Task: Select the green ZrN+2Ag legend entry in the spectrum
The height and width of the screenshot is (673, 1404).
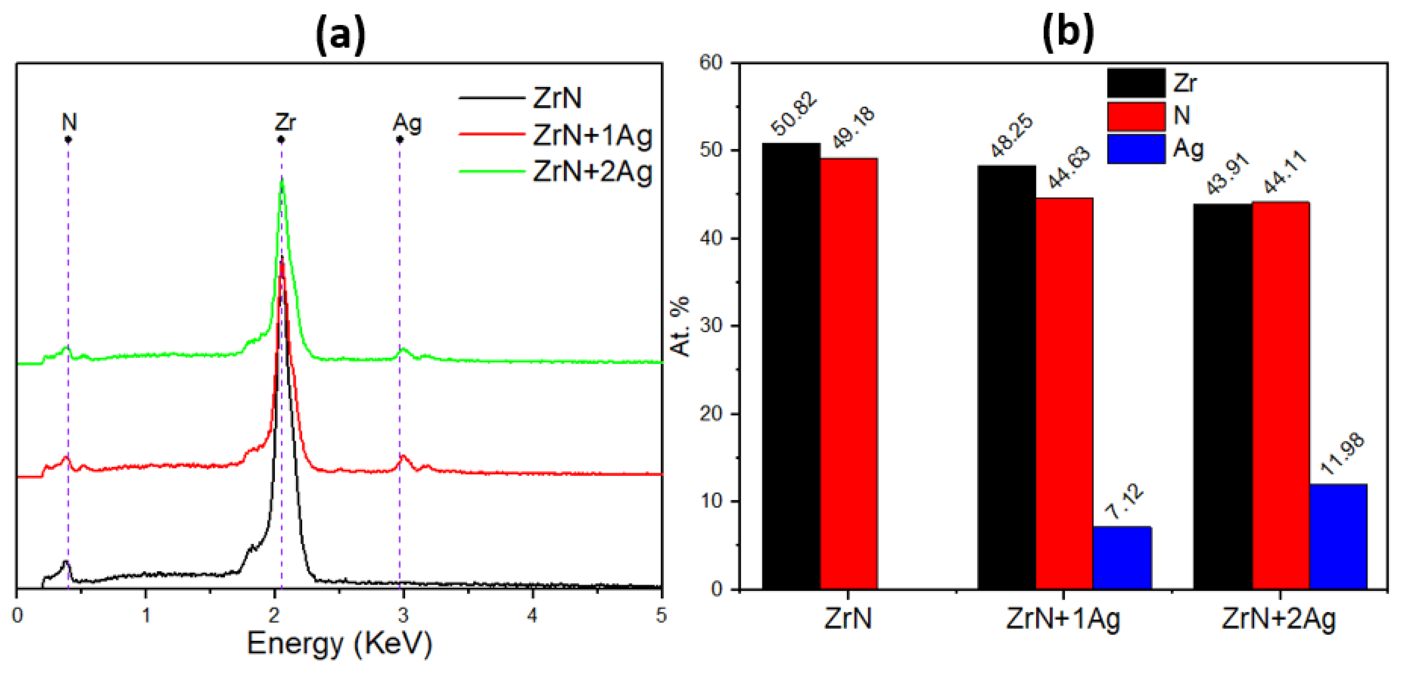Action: [591, 172]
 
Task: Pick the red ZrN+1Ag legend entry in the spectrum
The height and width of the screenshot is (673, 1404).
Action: [591, 135]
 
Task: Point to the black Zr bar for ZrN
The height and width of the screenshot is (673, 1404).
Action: [791, 365]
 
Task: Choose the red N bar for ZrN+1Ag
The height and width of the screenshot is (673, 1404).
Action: [1064, 393]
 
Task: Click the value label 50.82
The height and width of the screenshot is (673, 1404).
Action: [795, 114]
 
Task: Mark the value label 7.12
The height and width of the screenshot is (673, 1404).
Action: [1124, 501]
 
